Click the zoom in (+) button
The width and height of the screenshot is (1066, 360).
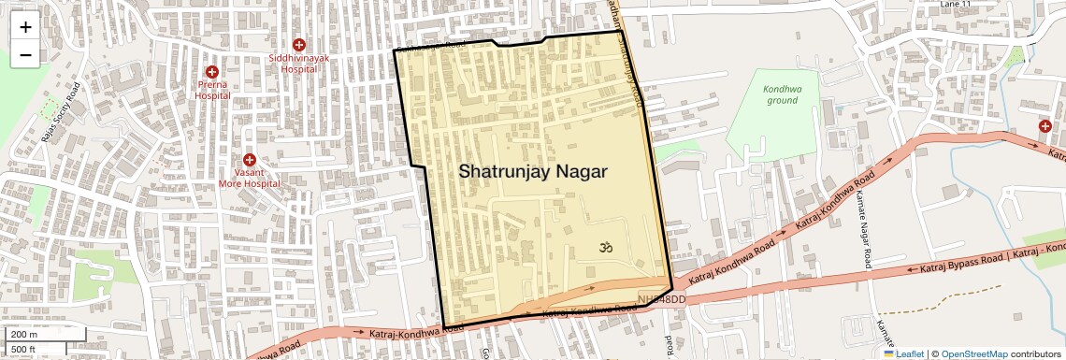[25, 27]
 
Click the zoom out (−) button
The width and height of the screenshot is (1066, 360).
[25, 55]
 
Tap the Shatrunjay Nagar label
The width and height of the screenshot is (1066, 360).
[532, 172]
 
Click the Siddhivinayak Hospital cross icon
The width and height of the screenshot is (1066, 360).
[299, 45]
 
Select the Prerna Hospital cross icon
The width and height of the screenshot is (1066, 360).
[212, 71]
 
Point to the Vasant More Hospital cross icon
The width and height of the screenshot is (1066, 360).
[250, 160]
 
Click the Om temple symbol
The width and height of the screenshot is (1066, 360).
[604, 248]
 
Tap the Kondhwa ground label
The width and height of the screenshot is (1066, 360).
[782, 94]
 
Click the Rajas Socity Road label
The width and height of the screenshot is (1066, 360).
[61, 116]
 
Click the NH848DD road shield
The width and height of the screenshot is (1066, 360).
[662, 299]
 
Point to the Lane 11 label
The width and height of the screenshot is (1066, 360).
[957, 5]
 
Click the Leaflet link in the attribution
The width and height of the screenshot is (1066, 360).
[904, 353]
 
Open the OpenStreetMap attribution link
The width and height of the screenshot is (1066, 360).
[974, 353]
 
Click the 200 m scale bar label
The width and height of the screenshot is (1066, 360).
[24, 334]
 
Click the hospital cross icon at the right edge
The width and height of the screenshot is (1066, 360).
[1044, 125]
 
